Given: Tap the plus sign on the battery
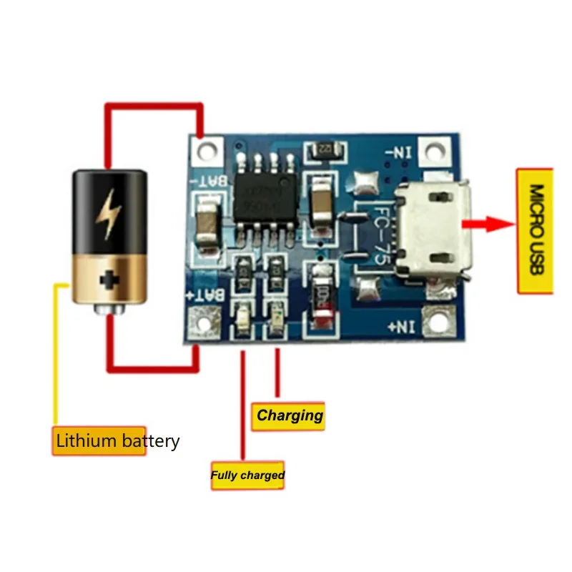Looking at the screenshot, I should point(109,279).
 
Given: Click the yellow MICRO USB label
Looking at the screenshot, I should point(535,230).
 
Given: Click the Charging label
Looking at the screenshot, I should point(290,415).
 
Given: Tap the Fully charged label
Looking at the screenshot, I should point(247,475).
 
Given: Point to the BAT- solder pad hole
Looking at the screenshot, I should point(207,150).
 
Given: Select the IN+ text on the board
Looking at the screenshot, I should point(401,327).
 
